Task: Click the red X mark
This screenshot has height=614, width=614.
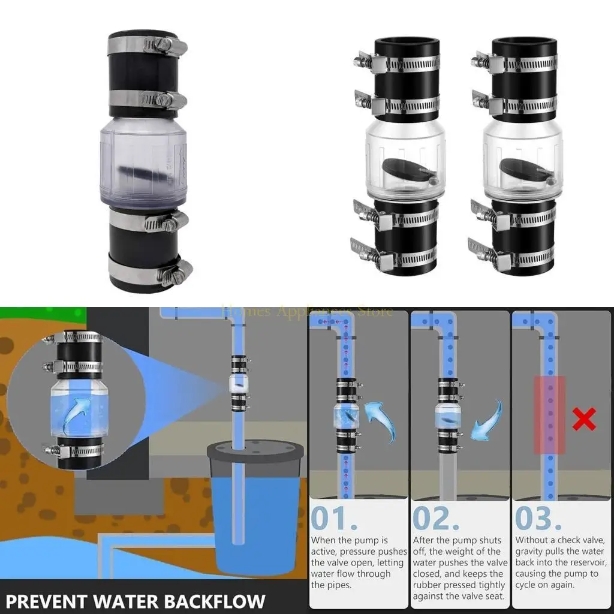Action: tap(583, 420)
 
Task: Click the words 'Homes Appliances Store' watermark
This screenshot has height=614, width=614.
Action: tap(308, 311)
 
